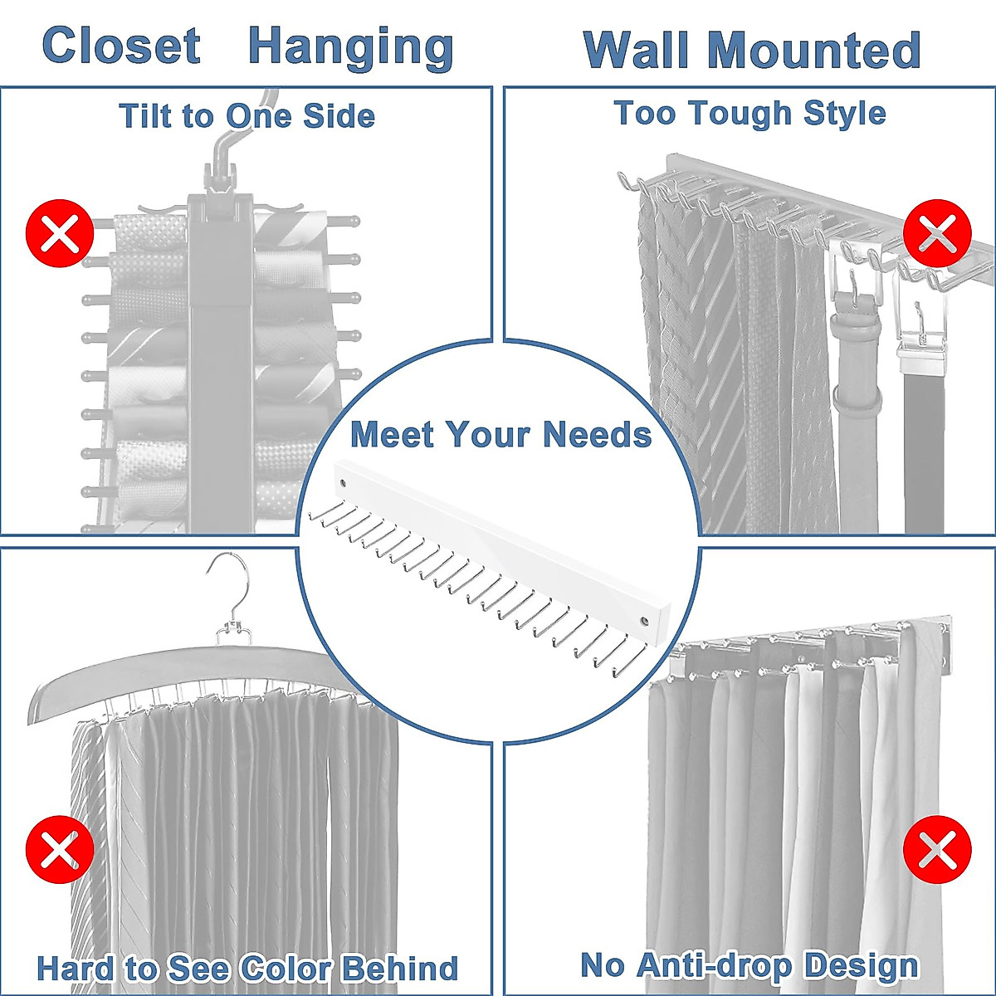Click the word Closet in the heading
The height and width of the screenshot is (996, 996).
pos(121,46)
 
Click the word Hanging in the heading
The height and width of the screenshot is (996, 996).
pos(351,47)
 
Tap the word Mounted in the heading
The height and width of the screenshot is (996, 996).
pos(814,51)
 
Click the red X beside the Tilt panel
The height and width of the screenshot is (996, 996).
pos(60,233)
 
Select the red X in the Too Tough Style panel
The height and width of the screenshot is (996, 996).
pos(937,233)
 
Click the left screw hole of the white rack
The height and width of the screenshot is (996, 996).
pos(341,481)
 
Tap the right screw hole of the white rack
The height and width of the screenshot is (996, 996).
pos(644,620)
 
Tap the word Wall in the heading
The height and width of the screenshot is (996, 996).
pos(642,51)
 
